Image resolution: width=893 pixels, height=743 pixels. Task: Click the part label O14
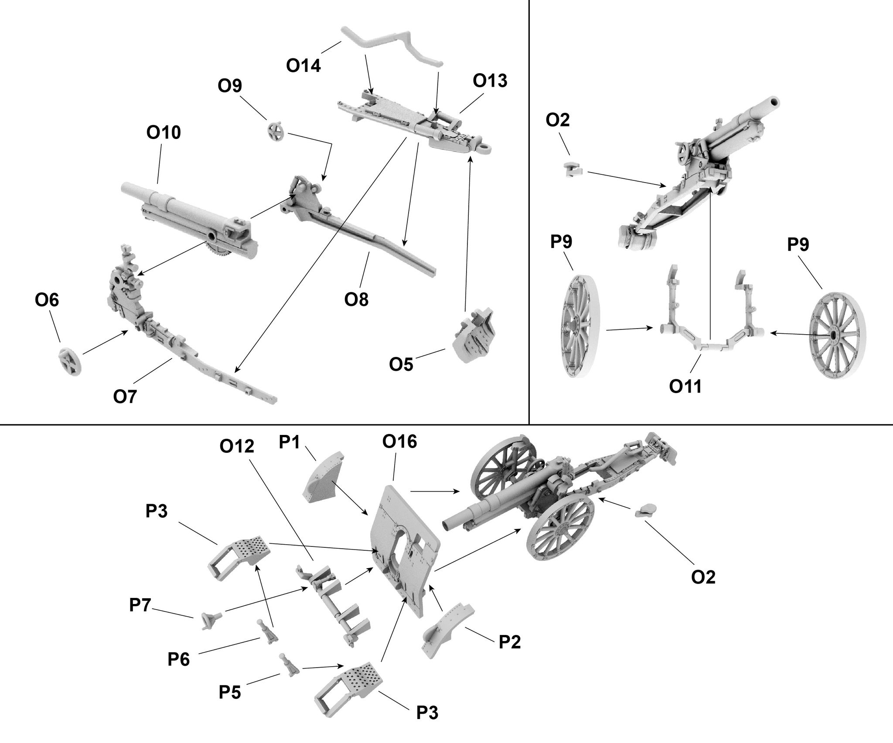coord(303,66)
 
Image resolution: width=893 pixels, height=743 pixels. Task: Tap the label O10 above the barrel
coord(164,132)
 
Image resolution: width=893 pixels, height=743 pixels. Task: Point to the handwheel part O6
coord(70,362)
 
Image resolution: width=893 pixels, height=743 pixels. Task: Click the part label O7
coord(125,397)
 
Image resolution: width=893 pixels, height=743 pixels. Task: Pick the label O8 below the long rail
coord(356,299)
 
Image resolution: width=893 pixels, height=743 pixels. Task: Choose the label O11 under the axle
coord(685,387)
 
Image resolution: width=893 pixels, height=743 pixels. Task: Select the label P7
coord(140,606)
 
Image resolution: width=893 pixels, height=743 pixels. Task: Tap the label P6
coord(179,660)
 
